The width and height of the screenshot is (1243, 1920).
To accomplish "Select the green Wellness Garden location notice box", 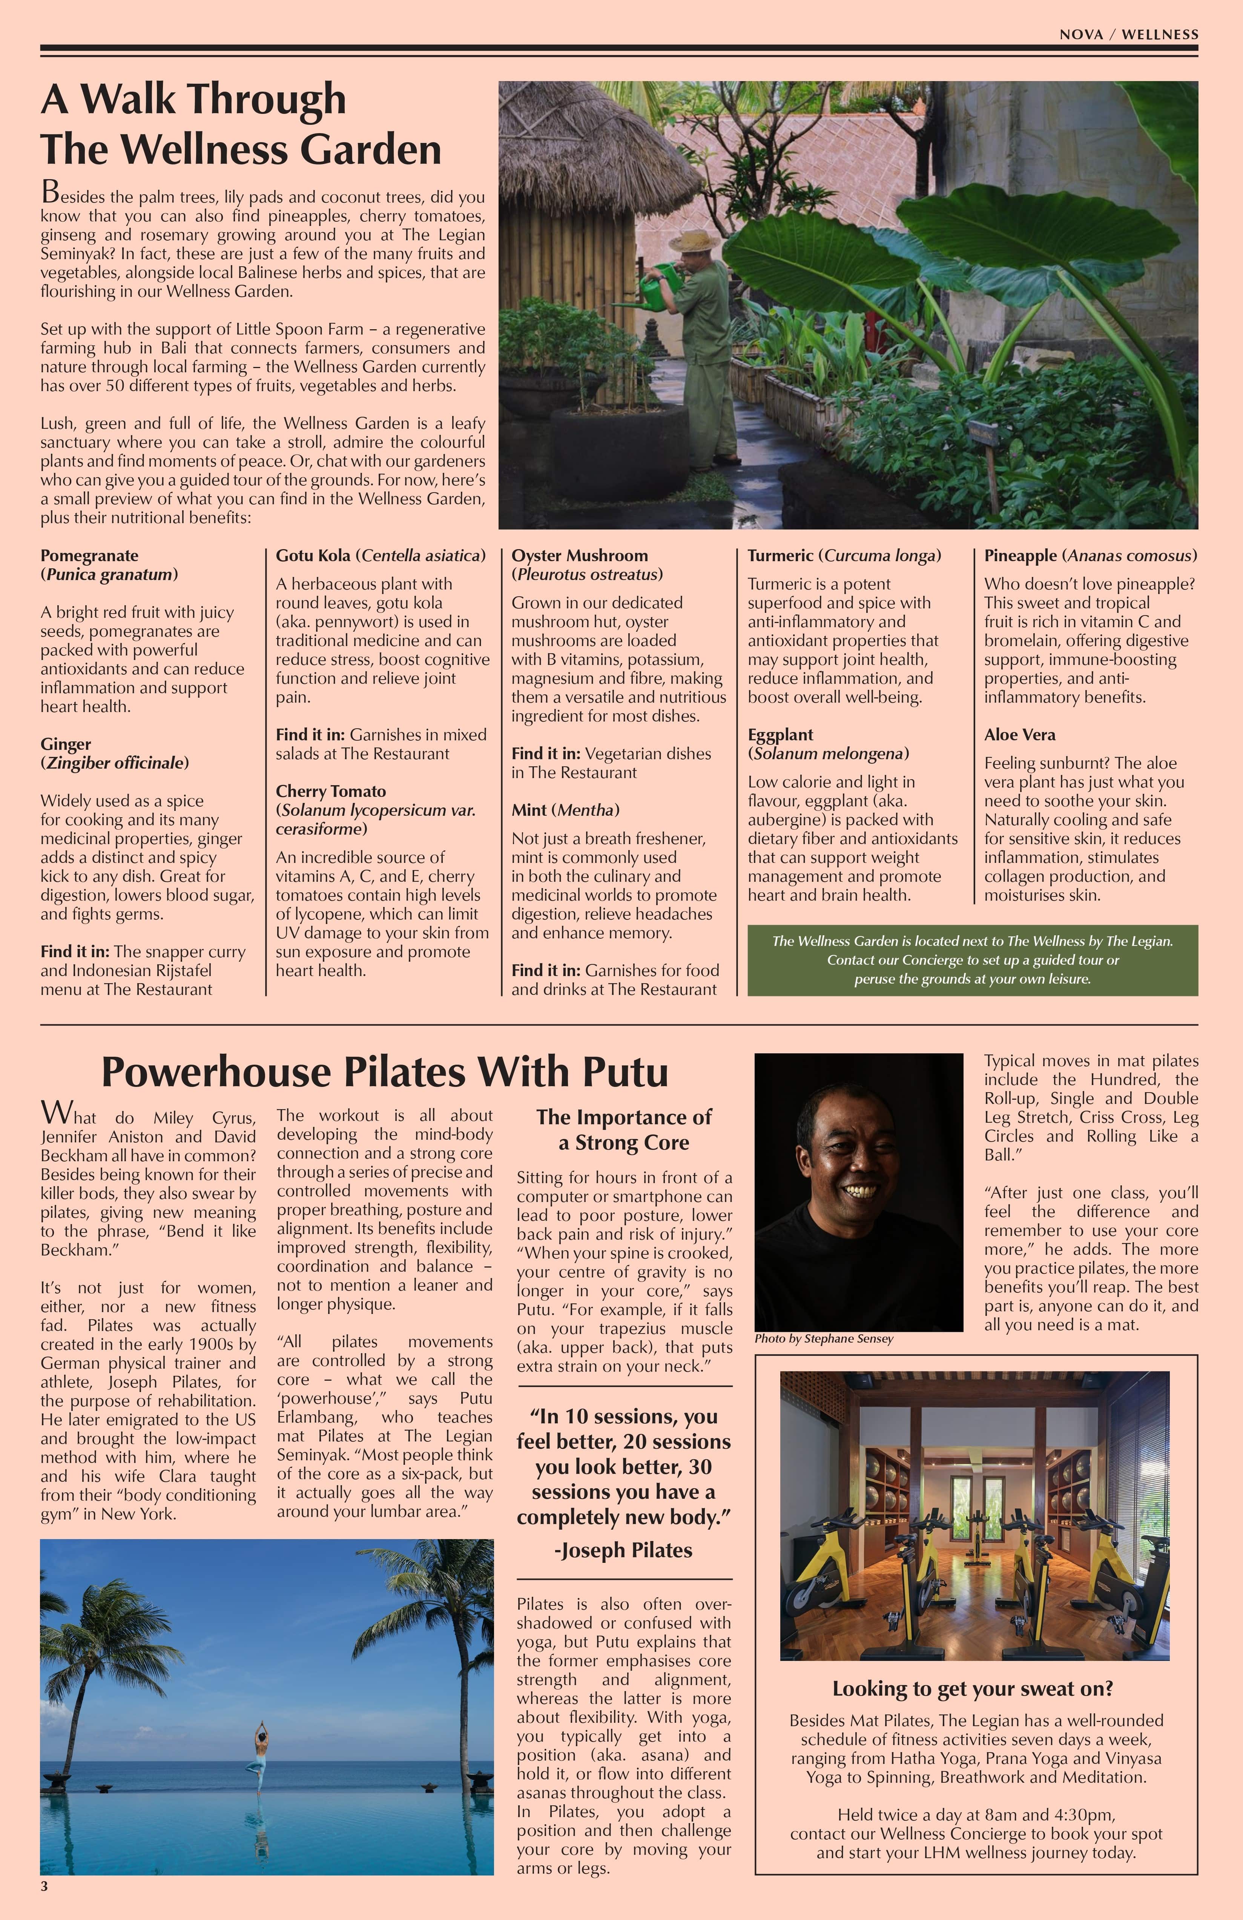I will (x=972, y=960).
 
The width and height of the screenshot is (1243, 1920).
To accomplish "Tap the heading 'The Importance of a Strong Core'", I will (x=623, y=1130).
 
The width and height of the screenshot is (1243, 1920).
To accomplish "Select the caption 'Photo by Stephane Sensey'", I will (x=824, y=1338).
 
